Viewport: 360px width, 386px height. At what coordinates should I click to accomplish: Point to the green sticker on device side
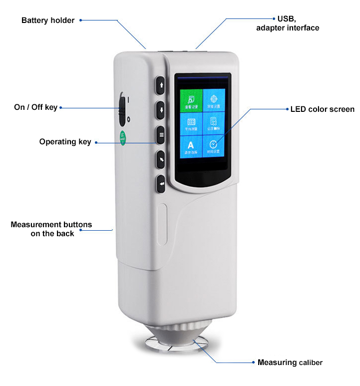[122, 137]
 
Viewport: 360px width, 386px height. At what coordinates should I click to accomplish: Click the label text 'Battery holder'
[48, 20]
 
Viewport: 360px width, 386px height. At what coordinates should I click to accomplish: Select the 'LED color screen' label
[323, 109]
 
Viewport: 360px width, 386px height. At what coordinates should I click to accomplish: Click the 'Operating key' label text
[65, 142]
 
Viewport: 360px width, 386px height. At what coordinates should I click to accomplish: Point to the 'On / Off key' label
[35, 107]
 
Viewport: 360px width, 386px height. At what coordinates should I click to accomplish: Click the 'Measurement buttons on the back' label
[51, 229]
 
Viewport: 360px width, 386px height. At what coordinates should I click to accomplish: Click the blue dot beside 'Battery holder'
[81, 20]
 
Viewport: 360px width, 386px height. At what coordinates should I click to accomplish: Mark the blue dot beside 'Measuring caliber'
[253, 362]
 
